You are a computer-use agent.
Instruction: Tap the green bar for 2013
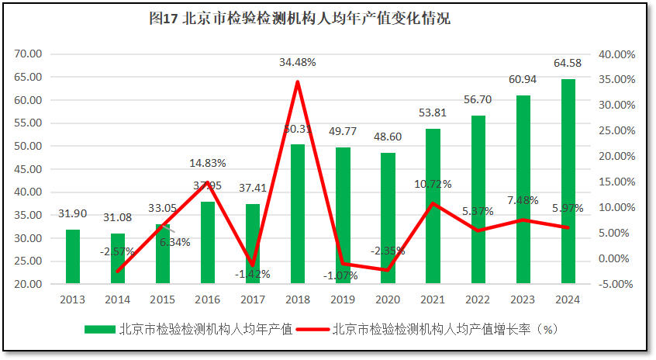pyautogui.click(x=73, y=256)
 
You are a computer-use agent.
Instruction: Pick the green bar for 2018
pyautogui.click(x=298, y=213)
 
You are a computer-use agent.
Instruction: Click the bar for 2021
pyautogui.click(x=433, y=206)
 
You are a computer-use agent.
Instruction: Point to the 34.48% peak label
pyautogui.click(x=298, y=62)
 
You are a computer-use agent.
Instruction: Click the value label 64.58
pyautogui.click(x=568, y=62)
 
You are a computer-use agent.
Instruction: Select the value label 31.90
pyautogui.click(x=73, y=213)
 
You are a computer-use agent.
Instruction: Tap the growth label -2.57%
pyautogui.click(x=117, y=251)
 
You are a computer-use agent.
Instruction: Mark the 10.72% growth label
pyautogui.click(x=433, y=185)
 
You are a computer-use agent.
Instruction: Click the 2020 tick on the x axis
pyautogui.click(x=388, y=299)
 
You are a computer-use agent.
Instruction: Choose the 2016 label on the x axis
pyautogui.click(x=208, y=299)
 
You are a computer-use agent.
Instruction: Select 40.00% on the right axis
pyautogui.click(x=617, y=54)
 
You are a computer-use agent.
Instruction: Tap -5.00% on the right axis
pyautogui.click(x=617, y=284)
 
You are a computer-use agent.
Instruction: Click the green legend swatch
pyautogui.click(x=99, y=329)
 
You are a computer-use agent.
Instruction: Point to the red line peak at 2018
pyautogui.click(x=298, y=81)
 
